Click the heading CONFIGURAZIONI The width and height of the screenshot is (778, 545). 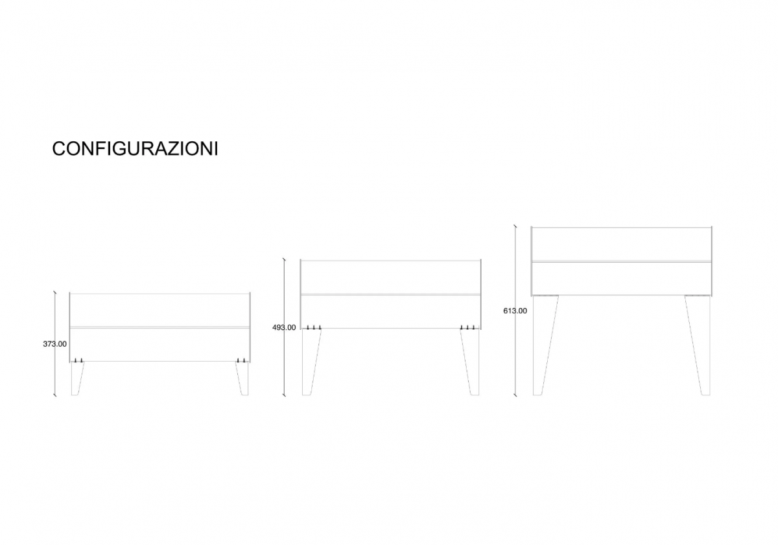click(x=135, y=148)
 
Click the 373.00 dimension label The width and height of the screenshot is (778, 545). click(x=55, y=344)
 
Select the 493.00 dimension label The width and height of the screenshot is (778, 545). click(x=284, y=328)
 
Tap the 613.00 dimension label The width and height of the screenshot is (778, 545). click(x=515, y=311)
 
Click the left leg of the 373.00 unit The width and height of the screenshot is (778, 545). click(x=77, y=378)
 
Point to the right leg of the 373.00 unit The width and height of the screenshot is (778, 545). click(x=243, y=378)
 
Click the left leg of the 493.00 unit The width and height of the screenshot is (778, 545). click(x=310, y=362)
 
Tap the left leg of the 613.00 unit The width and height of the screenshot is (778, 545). click(x=543, y=345)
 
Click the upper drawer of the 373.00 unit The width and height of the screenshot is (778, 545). click(x=159, y=310)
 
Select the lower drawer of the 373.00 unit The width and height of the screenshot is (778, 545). click(x=159, y=345)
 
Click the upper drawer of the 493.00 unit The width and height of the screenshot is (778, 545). click(x=391, y=277)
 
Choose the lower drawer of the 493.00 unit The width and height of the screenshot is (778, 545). click(x=391, y=312)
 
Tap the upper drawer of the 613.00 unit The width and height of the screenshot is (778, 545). click(x=621, y=244)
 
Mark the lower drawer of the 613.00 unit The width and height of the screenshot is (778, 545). click(x=621, y=279)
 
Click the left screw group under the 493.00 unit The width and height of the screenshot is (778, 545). click(x=314, y=327)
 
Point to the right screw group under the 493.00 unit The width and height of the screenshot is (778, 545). click(x=467, y=327)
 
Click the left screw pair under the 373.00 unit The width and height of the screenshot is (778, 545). click(x=78, y=361)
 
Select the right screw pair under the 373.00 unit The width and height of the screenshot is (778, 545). click(x=241, y=361)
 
